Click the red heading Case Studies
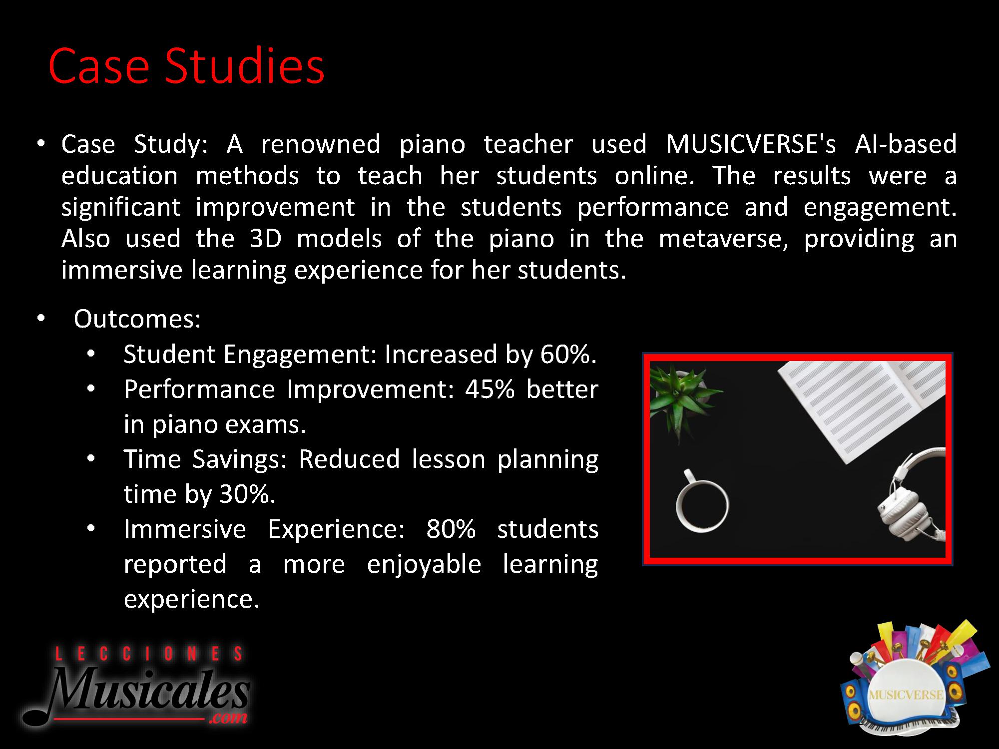click(x=186, y=66)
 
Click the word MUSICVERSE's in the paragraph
click(x=751, y=144)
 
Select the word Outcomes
click(x=137, y=319)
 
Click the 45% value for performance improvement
click(x=490, y=389)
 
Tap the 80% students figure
click(x=451, y=529)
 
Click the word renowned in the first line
click(x=321, y=144)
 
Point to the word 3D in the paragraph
click(x=266, y=239)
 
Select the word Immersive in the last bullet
click(x=185, y=529)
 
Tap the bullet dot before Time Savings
click(x=91, y=458)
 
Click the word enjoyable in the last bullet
click(x=424, y=565)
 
